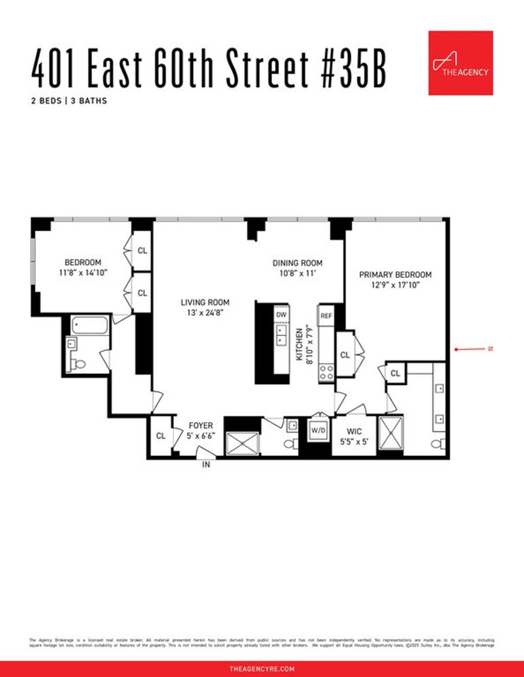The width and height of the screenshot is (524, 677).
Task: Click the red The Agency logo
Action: tap(460, 63)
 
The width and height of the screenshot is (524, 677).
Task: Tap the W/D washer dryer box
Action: tap(318, 430)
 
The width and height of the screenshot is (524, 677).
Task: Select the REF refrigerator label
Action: tap(326, 316)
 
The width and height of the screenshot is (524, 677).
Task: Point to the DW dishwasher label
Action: tap(281, 314)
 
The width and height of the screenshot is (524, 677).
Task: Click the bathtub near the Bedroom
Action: tap(90, 326)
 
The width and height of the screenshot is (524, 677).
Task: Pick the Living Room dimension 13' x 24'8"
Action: tap(205, 312)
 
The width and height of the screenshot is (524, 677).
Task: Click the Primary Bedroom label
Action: tap(395, 275)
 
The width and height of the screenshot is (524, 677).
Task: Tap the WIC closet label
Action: tap(354, 431)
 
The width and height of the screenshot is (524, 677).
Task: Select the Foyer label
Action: tap(201, 425)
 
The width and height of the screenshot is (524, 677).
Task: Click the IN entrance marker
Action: tap(206, 465)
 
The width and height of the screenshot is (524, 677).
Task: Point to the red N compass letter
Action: tap(490, 348)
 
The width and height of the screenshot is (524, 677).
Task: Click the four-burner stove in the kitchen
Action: tap(326, 372)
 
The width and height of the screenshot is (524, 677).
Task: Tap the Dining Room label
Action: tap(297, 263)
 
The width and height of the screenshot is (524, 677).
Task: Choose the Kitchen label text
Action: tap(300, 344)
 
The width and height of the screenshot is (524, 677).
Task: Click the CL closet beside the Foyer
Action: tap(161, 436)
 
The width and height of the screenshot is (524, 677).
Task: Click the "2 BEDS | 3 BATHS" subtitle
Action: tap(69, 101)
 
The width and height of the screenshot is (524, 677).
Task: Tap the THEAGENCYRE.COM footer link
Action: tap(262, 669)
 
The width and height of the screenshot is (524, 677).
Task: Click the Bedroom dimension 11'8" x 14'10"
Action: tap(83, 273)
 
